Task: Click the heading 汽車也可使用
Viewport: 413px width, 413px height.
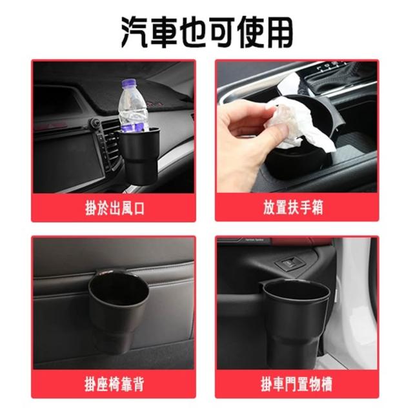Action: point(207,32)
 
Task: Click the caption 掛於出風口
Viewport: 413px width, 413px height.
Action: point(115,208)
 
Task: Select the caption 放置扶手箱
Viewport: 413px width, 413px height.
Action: point(293,207)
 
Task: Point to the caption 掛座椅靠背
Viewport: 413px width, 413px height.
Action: point(114,385)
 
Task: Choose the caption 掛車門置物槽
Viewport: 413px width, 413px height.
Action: point(297,385)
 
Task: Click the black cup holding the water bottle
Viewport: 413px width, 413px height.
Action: point(139,156)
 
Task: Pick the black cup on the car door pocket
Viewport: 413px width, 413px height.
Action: point(296,323)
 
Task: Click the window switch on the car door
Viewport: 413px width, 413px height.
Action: point(290,263)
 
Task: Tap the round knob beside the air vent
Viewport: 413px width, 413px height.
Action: point(95,123)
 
